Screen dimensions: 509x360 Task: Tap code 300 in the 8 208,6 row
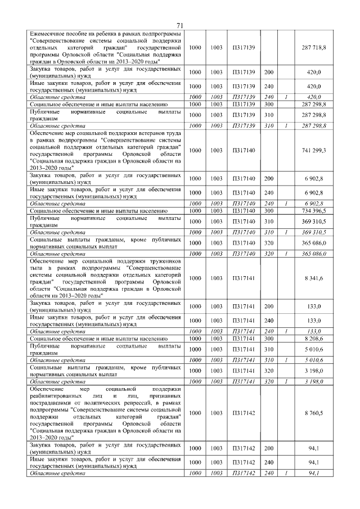point(268,339)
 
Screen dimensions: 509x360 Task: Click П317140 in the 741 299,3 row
point(244,151)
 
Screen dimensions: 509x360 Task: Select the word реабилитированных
point(60,397)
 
